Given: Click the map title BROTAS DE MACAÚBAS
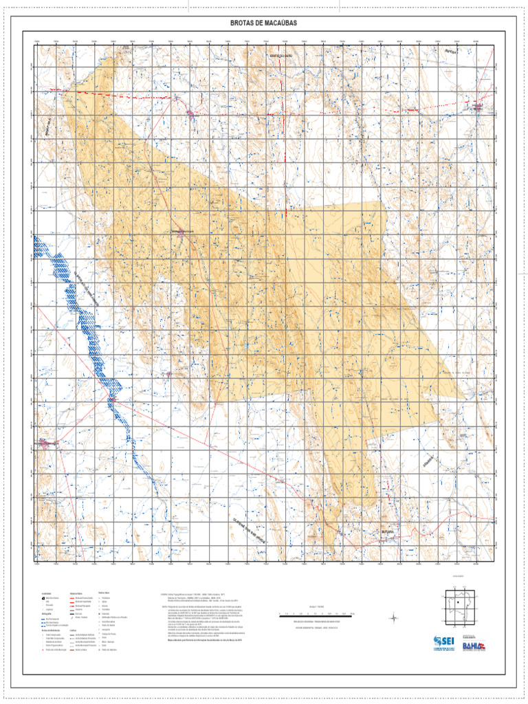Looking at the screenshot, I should click(x=264, y=23).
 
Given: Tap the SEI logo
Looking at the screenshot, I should click(x=443, y=643).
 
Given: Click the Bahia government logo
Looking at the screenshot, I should click(x=473, y=644).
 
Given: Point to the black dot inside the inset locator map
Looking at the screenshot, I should click(x=458, y=603).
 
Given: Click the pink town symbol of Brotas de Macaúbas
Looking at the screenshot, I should click(x=181, y=234).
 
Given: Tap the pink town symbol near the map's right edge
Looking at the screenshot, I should click(x=476, y=107).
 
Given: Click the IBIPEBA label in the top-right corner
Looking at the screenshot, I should click(x=450, y=52).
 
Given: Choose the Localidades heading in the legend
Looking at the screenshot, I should click(x=46, y=592).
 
